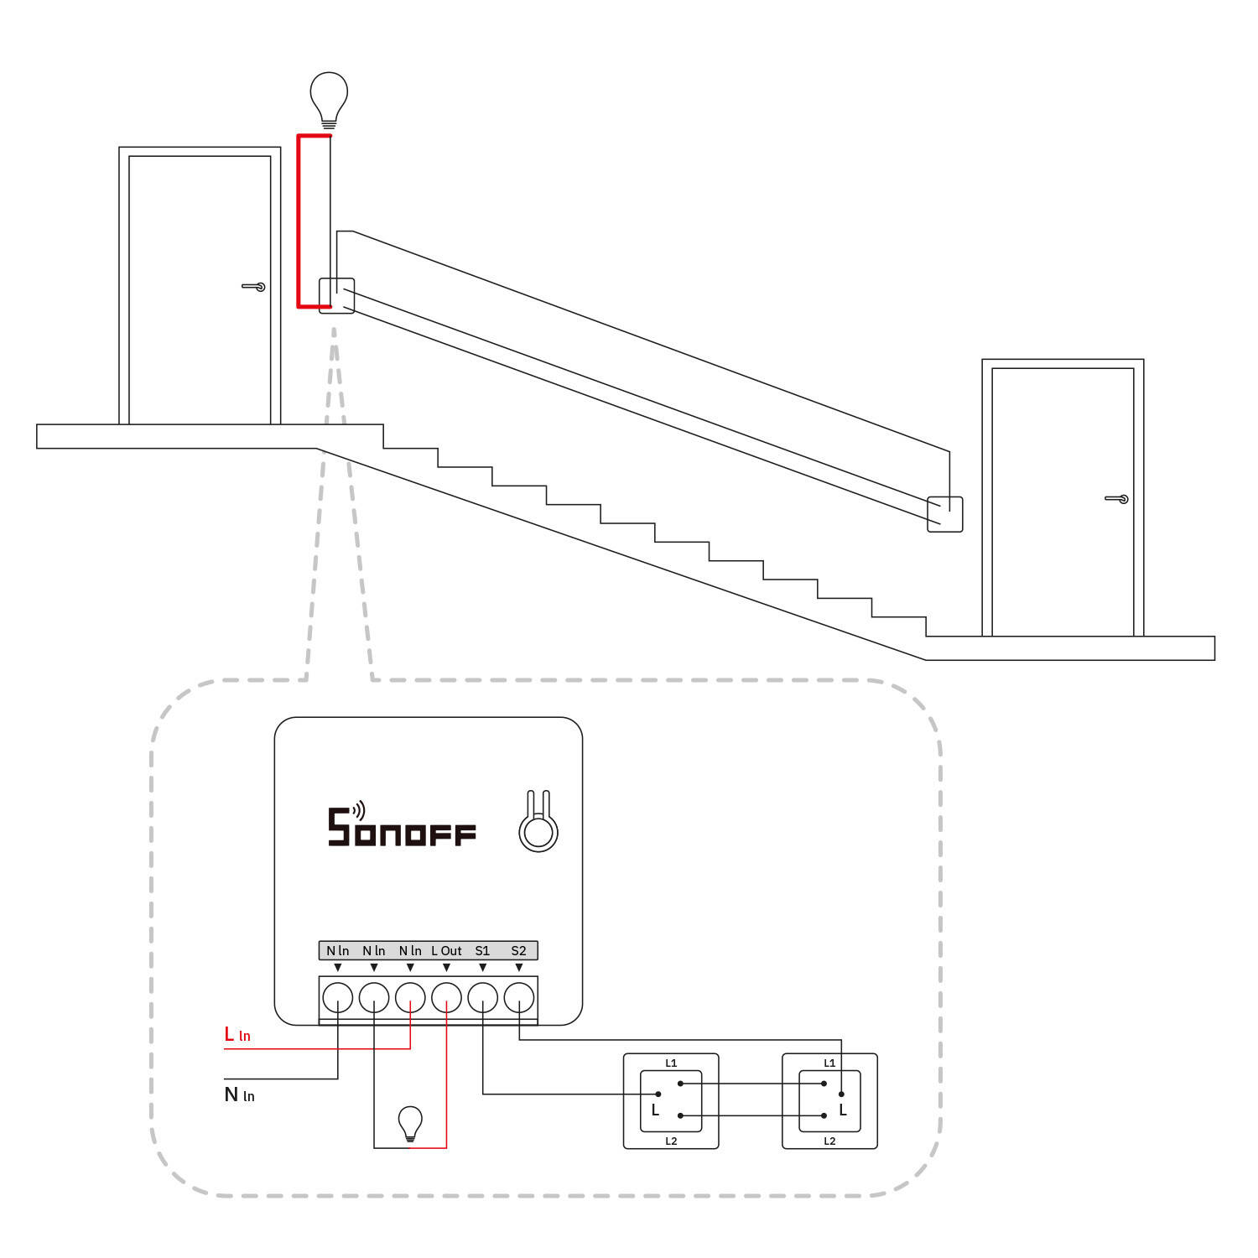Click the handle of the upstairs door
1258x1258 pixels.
tap(255, 287)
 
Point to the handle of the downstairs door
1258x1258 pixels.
tap(1118, 499)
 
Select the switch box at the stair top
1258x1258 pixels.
tap(336, 296)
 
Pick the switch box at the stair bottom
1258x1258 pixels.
tap(944, 514)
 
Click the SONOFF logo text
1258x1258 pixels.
tap(402, 828)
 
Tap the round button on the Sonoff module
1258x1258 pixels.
tap(538, 832)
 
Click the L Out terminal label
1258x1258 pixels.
tap(446, 950)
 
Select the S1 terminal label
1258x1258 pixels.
tap(482, 950)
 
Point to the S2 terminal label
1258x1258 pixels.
tap(518, 950)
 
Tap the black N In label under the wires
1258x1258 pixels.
tap(239, 1094)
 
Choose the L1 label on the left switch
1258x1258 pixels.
tap(671, 1063)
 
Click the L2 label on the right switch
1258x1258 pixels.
tap(829, 1141)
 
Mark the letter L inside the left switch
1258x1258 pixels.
tap(656, 1110)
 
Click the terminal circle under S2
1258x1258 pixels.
tap(519, 998)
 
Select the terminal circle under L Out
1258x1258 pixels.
tap(446, 998)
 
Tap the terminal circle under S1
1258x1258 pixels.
tap(483, 998)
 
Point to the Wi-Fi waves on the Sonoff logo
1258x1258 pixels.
tap(359, 810)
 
